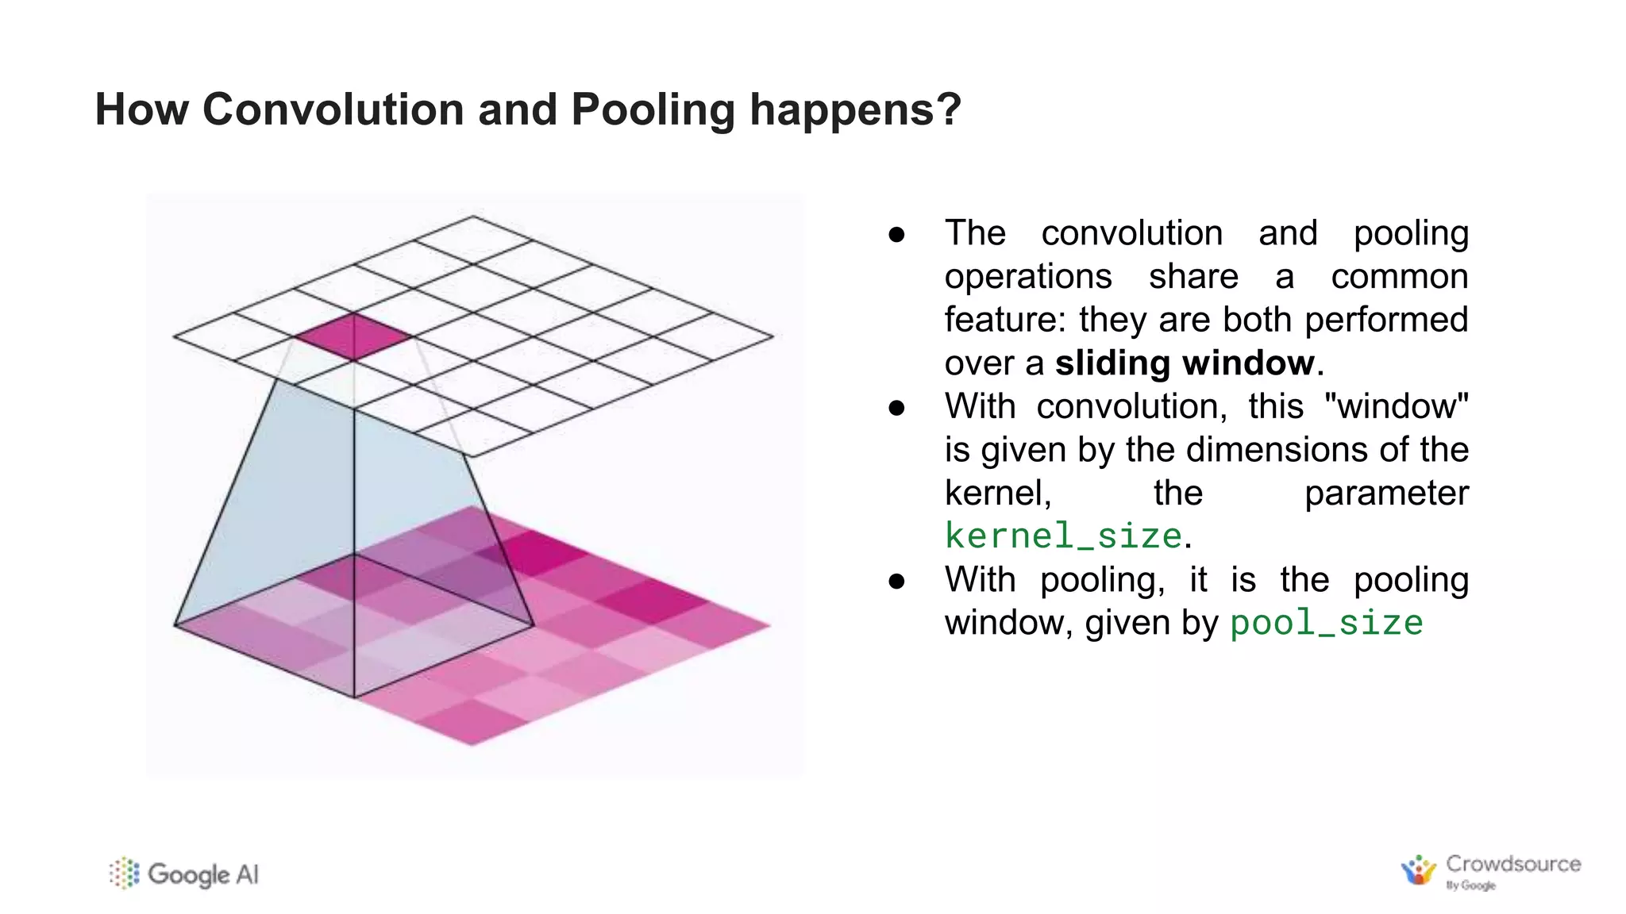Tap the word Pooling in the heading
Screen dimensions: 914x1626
(653, 110)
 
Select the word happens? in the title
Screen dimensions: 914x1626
(855, 110)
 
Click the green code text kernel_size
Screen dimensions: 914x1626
(1063, 536)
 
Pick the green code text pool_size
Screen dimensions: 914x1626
(1326, 623)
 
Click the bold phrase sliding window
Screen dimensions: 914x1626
(1185, 363)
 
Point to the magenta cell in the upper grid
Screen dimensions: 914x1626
(353, 336)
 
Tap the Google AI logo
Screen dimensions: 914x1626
(184, 874)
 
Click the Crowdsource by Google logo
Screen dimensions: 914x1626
(1491, 871)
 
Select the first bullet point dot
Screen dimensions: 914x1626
(897, 234)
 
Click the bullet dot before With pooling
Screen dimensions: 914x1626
(897, 581)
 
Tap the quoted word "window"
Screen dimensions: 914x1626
(1396, 406)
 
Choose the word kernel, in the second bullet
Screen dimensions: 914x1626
(998, 493)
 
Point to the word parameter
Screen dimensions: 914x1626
(1386, 493)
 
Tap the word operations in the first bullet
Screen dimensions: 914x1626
(1028, 277)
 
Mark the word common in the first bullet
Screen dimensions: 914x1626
(1400, 277)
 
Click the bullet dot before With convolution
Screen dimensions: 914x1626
(897, 408)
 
